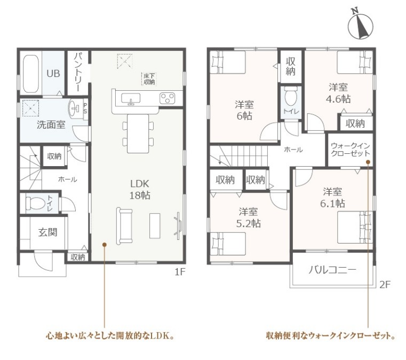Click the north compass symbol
click(x=360, y=25)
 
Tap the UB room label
click(x=53, y=74)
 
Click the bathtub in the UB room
click(x=31, y=74)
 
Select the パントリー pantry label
click(x=78, y=72)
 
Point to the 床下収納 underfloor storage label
click(x=149, y=79)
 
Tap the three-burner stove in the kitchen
click(x=167, y=98)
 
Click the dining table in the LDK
click(x=138, y=134)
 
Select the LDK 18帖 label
click(x=140, y=190)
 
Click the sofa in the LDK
click(x=124, y=226)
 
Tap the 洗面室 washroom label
click(x=51, y=125)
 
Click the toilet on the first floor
click(x=35, y=203)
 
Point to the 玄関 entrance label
click(x=47, y=232)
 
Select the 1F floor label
click(x=180, y=272)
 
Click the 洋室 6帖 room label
click(x=244, y=111)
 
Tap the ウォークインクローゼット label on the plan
click(x=351, y=150)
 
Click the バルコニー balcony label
click(x=332, y=270)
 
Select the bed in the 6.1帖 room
click(x=355, y=228)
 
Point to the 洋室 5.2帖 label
click(x=248, y=218)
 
